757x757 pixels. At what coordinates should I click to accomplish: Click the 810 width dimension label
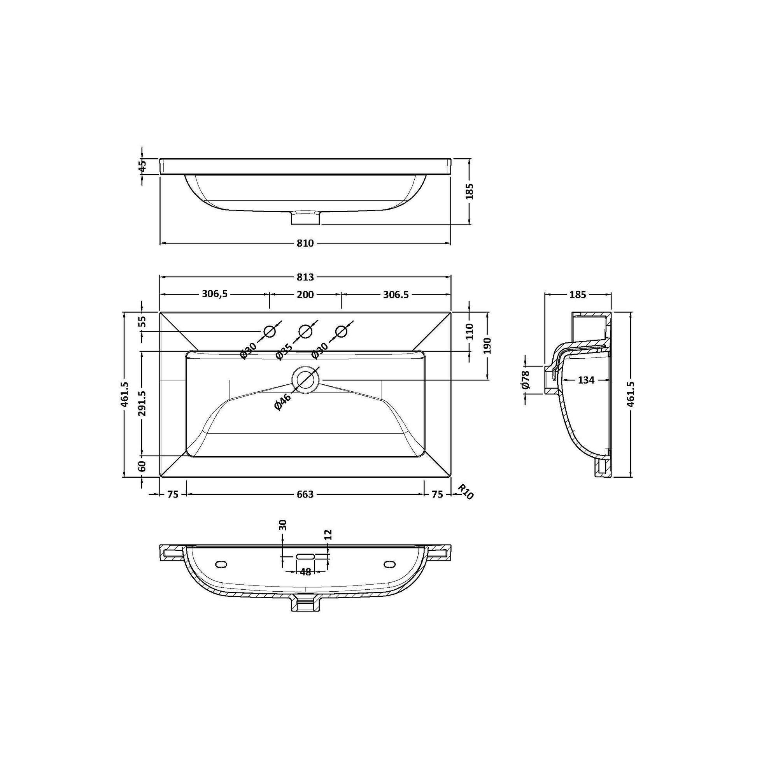305,244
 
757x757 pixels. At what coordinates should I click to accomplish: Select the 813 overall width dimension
305,277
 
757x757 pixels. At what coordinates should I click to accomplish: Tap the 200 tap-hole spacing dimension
305,294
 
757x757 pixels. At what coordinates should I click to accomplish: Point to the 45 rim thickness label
142,165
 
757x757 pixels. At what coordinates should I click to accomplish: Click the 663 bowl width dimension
305,494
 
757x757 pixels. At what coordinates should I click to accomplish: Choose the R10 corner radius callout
466,492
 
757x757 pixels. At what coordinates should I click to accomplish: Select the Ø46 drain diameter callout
283,402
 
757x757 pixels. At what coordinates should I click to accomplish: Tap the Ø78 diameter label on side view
525,380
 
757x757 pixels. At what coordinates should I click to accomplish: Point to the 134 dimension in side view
586,380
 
